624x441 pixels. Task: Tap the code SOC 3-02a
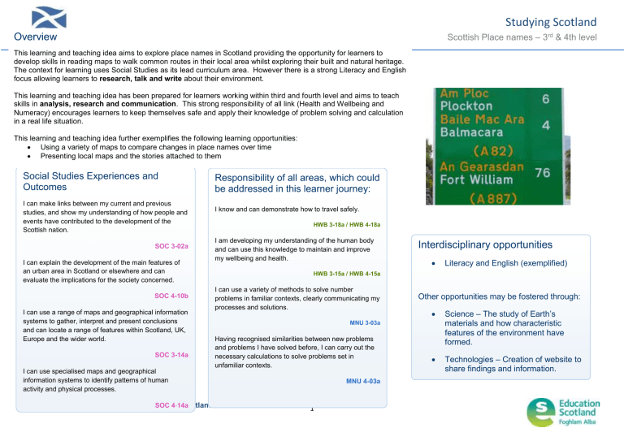171,245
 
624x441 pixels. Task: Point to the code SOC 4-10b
171,296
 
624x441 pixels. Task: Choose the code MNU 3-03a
364,322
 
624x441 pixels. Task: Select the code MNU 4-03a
362,381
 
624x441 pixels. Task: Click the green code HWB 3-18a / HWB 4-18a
346,224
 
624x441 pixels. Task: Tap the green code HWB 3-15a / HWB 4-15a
346,274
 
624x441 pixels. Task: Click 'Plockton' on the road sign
466,106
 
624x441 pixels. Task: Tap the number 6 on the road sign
546,98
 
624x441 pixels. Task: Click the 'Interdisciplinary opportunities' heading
486,244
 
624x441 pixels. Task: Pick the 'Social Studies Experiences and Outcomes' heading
91,182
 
